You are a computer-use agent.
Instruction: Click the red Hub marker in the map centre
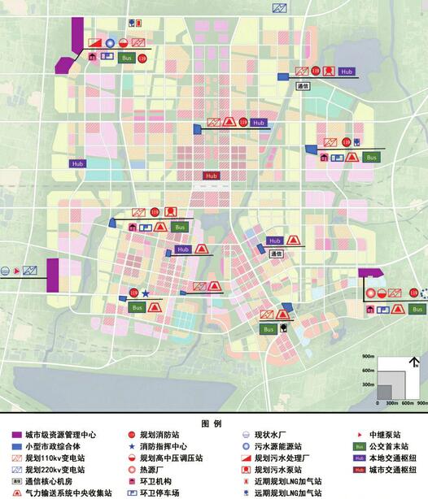(212, 176)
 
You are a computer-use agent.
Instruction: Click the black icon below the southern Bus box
(282, 328)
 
